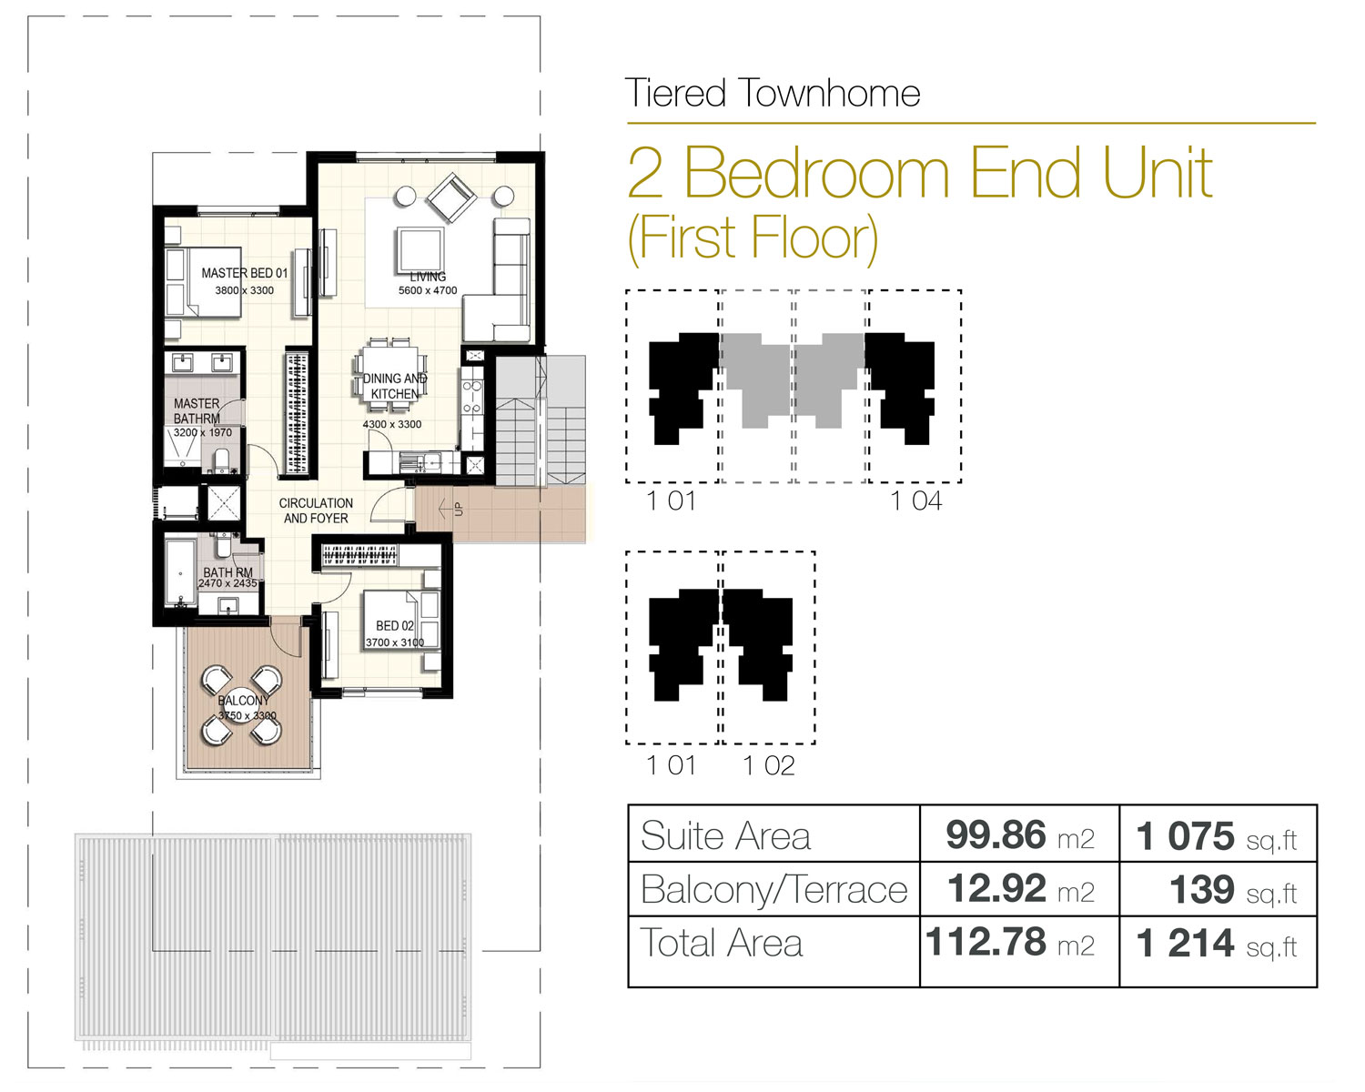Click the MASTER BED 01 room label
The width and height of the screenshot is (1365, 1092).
[244, 273]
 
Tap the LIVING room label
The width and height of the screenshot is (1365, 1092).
[428, 277]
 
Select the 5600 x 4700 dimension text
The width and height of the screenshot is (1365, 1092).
[428, 291]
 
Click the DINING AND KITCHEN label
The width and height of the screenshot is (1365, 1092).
[394, 386]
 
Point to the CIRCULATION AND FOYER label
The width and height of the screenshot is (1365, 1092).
[316, 511]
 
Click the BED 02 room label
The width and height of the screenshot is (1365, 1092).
[395, 626]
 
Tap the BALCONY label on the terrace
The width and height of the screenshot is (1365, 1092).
[243, 701]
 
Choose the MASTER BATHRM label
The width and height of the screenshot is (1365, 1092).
[197, 410]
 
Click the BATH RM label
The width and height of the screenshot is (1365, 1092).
[227, 572]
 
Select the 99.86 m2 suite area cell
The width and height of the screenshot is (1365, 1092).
[1019, 834]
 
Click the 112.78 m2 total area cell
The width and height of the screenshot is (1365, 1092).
[1010, 943]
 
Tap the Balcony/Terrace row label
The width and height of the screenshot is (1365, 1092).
[773, 889]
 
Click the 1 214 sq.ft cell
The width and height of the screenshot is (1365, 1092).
[1217, 944]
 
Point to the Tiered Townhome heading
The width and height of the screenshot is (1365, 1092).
[773, 94]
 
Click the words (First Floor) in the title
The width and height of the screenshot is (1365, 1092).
[753, 238]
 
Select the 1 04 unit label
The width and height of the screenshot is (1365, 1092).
[915, 500]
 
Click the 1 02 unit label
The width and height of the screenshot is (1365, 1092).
[768, 765]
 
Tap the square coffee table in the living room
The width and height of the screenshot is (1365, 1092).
[420, 249]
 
